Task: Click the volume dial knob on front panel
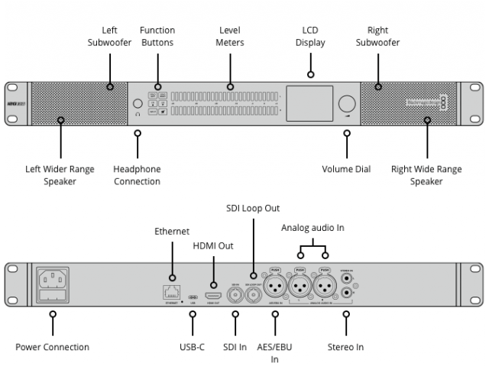pyautogui.click(x=347, y=105)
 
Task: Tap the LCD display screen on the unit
pyautogui.click(x=309, y=106)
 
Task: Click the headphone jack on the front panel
pyautogui.click(x=138, y=104)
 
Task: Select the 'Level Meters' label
pyautogui.click(x=231, y=37)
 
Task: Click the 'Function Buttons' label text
pyautogui.click(x=157, y=37)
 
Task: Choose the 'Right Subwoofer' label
pyautogui.click(x=377, y=37)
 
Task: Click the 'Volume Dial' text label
pyautogui.click(x=346, y=169)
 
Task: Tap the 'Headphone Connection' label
pyautogui.click(x=137, y=175)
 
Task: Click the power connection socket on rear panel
pyautogui.click(x=53, y=285)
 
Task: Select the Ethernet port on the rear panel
pyautogui.click(x=172, y=291)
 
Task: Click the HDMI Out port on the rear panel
pyautogui.click(x=214, y=294)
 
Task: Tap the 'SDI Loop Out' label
pyautogui.click(x=253, y=208)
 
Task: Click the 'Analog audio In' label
pyautogui.click(x=313, y=227)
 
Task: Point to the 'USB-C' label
pyautogui.click(x=192, y=347)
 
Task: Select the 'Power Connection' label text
pyautogui.click(x=52, y=347)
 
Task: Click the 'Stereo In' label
pyautogui.click(x=346, y=347)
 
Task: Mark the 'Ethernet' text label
pyautogui.click(x=172, y=231)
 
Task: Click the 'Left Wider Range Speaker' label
pyautogui.click(x=60, y=175)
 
